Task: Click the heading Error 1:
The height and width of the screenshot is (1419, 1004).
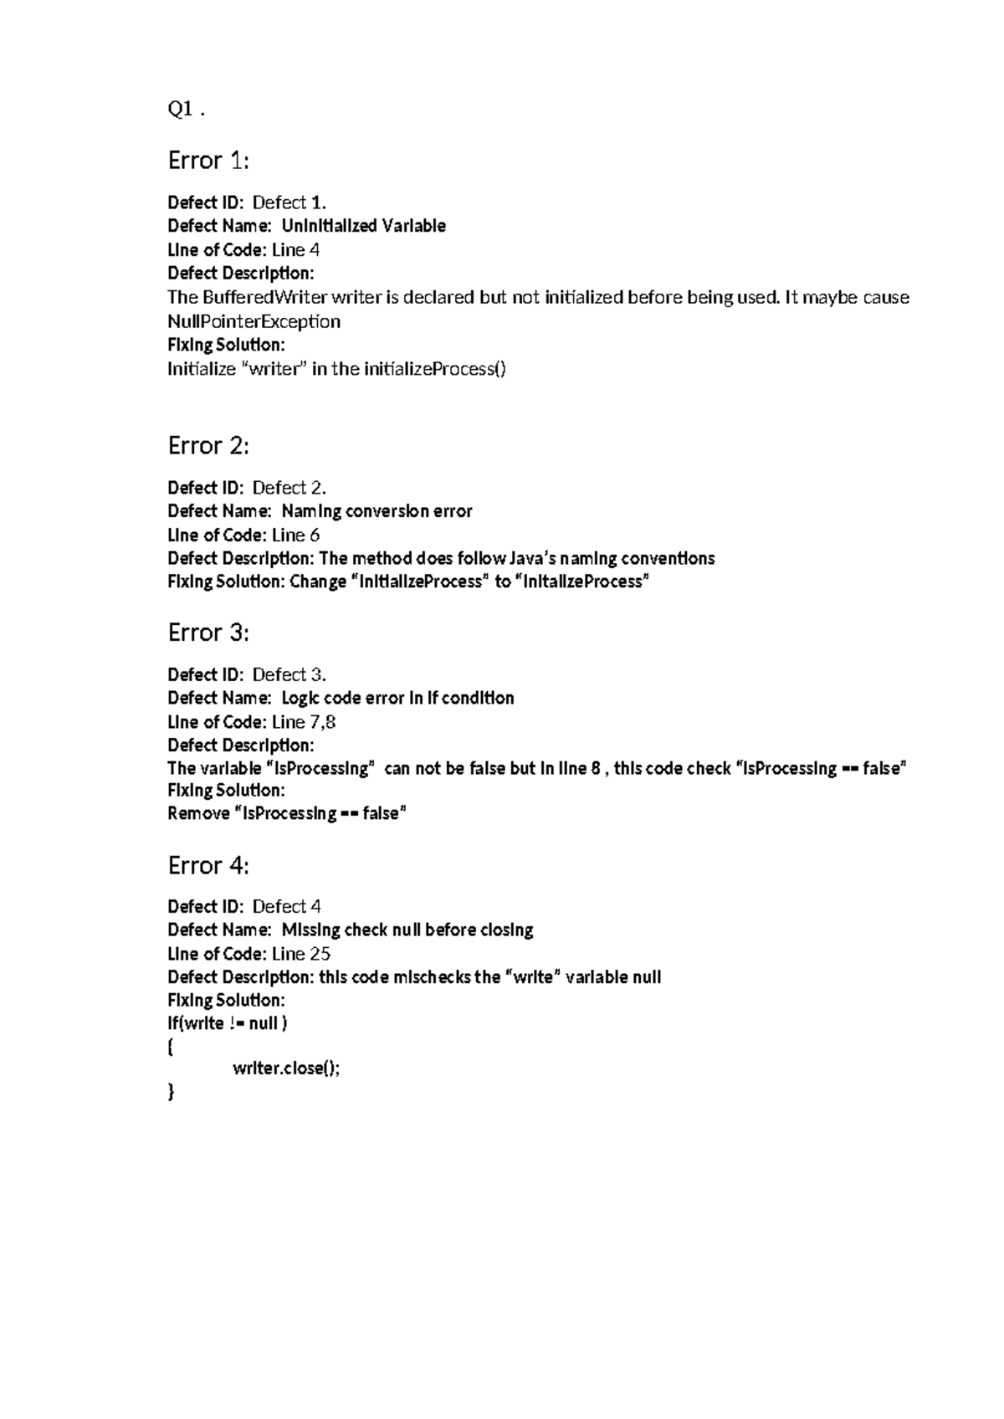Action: pos(208,160)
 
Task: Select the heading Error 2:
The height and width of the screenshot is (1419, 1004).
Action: pos(208,445)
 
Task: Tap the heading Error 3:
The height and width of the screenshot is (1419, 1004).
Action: pos(208,632)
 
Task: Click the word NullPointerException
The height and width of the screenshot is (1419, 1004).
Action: pos(254,321)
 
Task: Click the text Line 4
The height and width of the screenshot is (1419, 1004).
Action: pos(295,249)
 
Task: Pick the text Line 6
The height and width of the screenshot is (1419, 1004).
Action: pos(295,535)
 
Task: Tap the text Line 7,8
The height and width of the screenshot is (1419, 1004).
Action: pos(304,721)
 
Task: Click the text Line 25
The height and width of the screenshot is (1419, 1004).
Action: pos(300,953)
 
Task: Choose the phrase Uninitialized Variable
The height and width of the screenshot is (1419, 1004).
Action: pos(363,226)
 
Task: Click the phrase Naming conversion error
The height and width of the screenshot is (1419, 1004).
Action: pos(376,511)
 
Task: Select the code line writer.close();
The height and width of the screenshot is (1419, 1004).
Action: pos(286,1068)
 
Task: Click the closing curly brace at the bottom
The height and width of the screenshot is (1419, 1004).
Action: pos(172,1091)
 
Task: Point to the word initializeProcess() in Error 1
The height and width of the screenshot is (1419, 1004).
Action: pos(434,369)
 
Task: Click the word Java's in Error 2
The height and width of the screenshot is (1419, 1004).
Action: pos(531,558)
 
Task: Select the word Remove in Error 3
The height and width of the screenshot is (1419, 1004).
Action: pos(197,813)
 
